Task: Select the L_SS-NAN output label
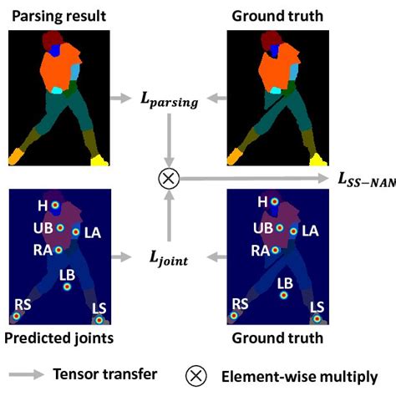[365, 178]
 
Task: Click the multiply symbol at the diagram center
[170, 178]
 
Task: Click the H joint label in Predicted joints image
[41, 203]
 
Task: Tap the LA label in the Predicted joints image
[92, 233]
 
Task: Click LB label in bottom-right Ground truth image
[285, 282]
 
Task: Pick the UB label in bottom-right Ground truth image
[263, 227]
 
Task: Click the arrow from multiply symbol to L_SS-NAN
[251, 178]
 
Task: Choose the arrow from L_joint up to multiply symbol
[170, 217]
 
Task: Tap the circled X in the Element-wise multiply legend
[195, 376]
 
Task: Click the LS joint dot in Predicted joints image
[99, 319]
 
